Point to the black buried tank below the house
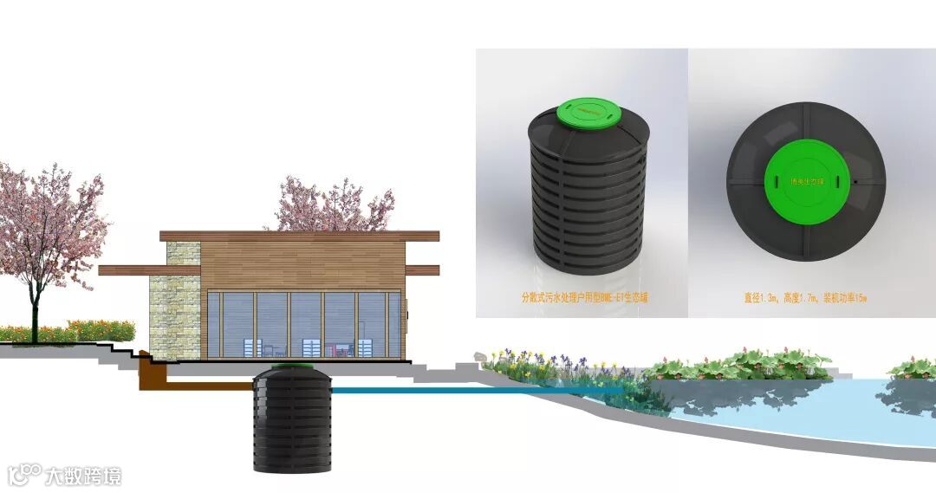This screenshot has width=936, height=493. (x=292, y=425)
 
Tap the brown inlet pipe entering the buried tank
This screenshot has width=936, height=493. (x=199, y=382)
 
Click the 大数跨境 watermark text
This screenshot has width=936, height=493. (x=83, y=476)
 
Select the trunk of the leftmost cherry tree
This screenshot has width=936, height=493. (x=36, y=303)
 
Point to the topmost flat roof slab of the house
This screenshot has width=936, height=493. (x=299, y=236)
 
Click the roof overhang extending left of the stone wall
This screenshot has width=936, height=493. (x=130, y=270)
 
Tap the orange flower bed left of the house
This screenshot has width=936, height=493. (x=69, y=331)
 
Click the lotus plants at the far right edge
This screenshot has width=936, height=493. (x=914, y=367)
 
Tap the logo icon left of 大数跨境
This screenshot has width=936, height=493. (x=24, y=474)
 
